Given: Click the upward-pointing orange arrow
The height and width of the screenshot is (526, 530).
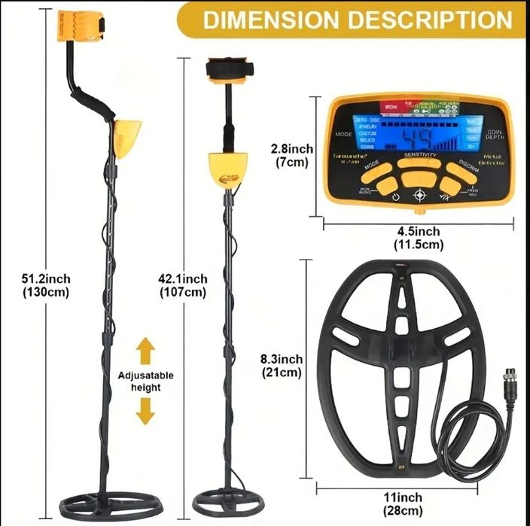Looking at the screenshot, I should click(146, 350).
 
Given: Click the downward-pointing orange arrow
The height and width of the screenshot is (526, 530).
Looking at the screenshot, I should click(146, 411).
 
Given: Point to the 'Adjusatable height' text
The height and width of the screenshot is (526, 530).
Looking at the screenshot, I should click(146, 381).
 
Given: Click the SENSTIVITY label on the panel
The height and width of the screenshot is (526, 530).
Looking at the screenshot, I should click(419, 154).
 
